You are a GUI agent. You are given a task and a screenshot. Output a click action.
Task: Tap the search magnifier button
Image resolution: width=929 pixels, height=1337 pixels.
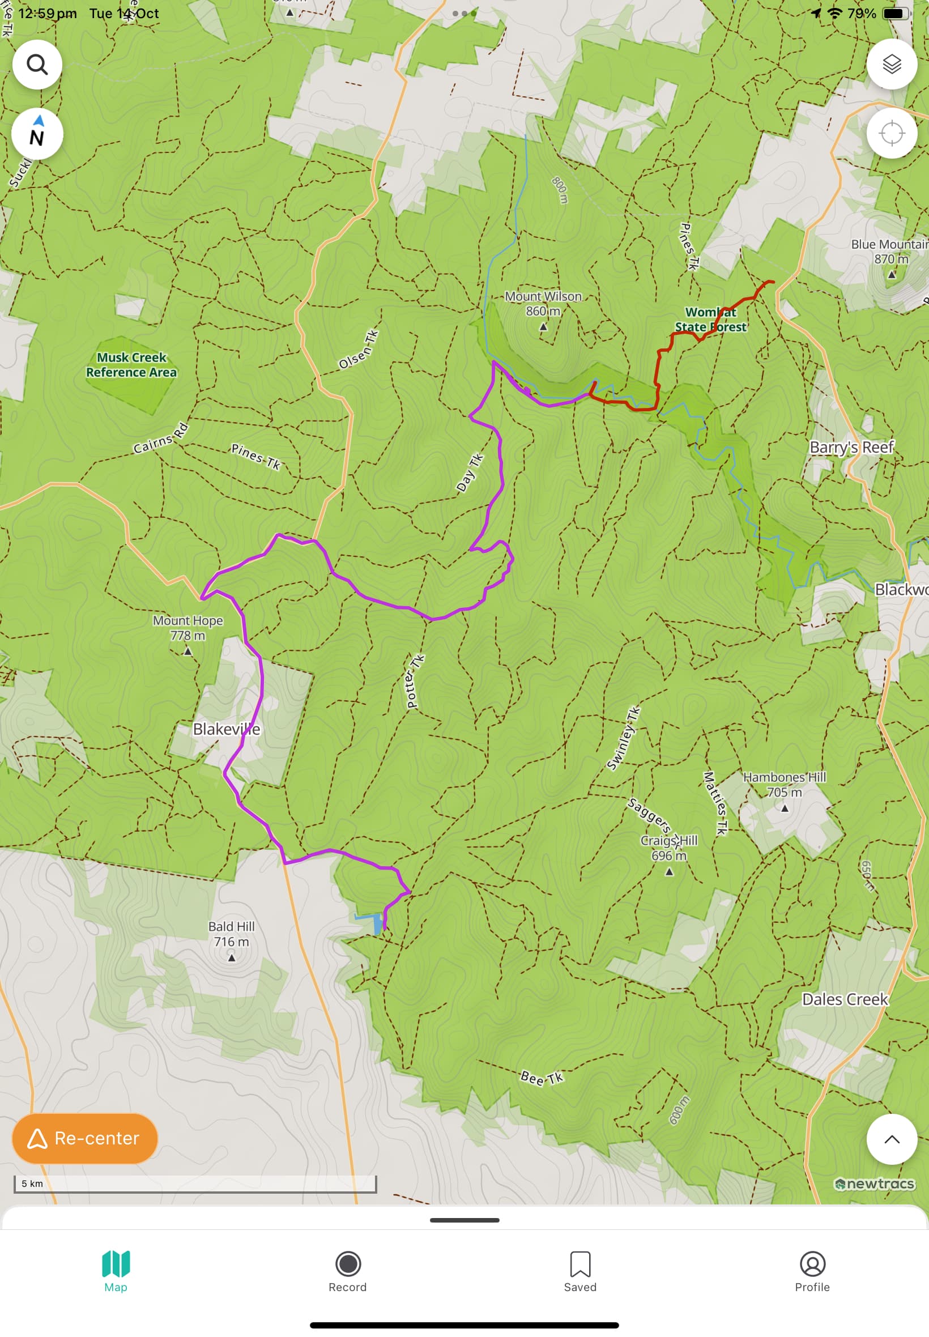(37, 64)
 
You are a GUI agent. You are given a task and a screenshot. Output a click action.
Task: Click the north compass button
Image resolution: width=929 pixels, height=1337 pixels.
(37, 134)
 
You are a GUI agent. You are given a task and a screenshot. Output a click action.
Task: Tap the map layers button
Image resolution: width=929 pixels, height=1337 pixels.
(891, 64)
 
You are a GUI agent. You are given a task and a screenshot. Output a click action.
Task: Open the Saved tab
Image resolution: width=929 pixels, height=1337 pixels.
(579, 1271)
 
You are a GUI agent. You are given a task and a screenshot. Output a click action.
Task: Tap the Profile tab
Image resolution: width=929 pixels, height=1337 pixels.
(812, 1271)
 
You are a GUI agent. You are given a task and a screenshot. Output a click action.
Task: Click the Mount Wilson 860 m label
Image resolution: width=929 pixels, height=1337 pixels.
(543, 303)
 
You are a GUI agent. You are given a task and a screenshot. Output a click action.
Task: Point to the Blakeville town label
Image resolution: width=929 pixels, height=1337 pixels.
(226, 729)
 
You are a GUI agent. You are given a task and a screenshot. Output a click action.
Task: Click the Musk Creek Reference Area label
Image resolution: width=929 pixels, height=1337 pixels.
(131, 364)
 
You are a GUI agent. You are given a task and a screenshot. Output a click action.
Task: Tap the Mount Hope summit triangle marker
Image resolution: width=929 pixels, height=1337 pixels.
(187, 652)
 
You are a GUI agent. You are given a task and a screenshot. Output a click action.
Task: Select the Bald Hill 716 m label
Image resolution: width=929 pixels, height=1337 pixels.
(231, 933)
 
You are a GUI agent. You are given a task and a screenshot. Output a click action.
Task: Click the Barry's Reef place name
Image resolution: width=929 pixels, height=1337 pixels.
(851, 447)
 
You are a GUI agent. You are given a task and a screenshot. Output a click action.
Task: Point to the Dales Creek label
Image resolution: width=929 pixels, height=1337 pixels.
(845, 999)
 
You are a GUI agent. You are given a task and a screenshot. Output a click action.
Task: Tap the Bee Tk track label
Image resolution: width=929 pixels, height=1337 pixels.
(542, 1078)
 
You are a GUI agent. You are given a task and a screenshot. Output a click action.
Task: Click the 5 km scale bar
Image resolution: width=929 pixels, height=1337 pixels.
(195, 1183)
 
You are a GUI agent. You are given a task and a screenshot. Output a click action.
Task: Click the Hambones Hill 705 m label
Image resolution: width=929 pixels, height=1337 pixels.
(784, 784)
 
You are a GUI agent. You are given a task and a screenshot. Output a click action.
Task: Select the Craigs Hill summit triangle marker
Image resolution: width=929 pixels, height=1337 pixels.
(669, 871)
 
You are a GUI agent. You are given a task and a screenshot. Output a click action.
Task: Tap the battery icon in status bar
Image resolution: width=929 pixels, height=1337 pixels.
(895, 14)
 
